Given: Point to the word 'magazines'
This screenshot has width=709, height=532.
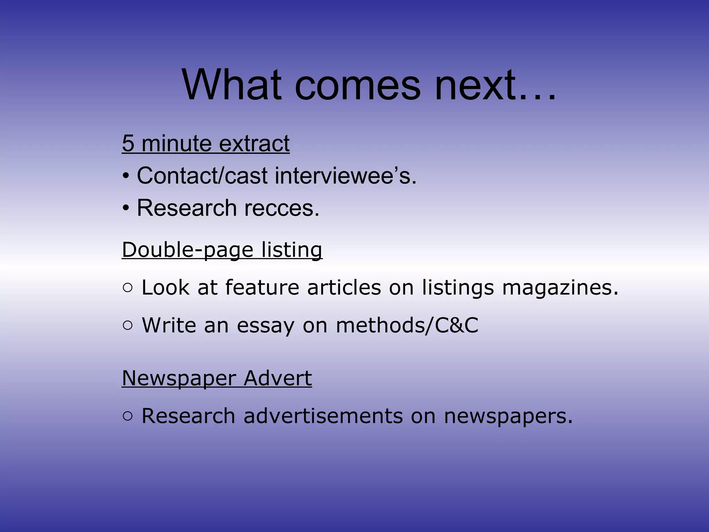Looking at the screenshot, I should (560, 288).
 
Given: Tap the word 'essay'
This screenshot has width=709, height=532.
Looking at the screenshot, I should (265, 326).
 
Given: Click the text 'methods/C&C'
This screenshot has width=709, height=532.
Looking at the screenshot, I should (407, 326).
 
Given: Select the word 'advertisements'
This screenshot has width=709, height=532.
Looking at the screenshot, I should (323, 416).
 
